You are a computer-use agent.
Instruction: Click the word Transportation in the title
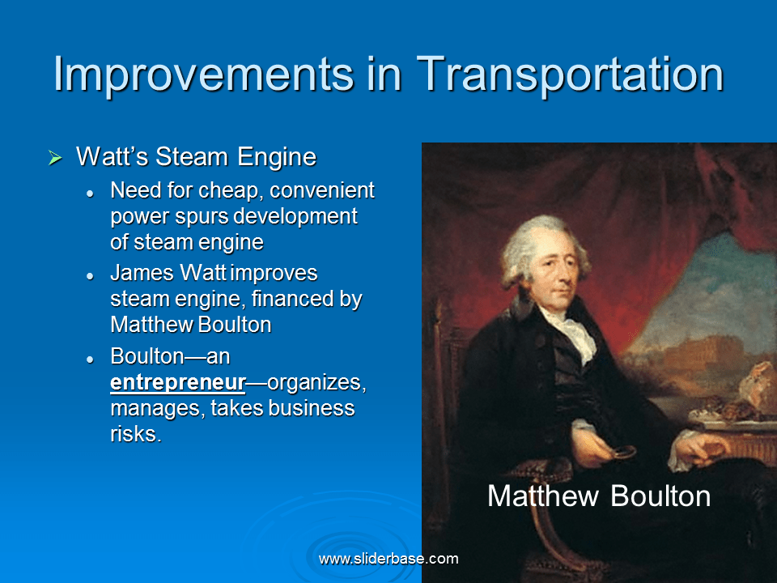[570, 74]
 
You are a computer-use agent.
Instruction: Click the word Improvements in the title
[202, 74]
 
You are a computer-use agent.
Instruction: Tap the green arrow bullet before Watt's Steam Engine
[55, 158]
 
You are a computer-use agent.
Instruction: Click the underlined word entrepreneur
[177, 382]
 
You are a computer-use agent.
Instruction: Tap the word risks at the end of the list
[134, 434]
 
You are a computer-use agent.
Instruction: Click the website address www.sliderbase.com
[388, 559]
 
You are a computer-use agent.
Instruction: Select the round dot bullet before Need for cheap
[92, 193]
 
